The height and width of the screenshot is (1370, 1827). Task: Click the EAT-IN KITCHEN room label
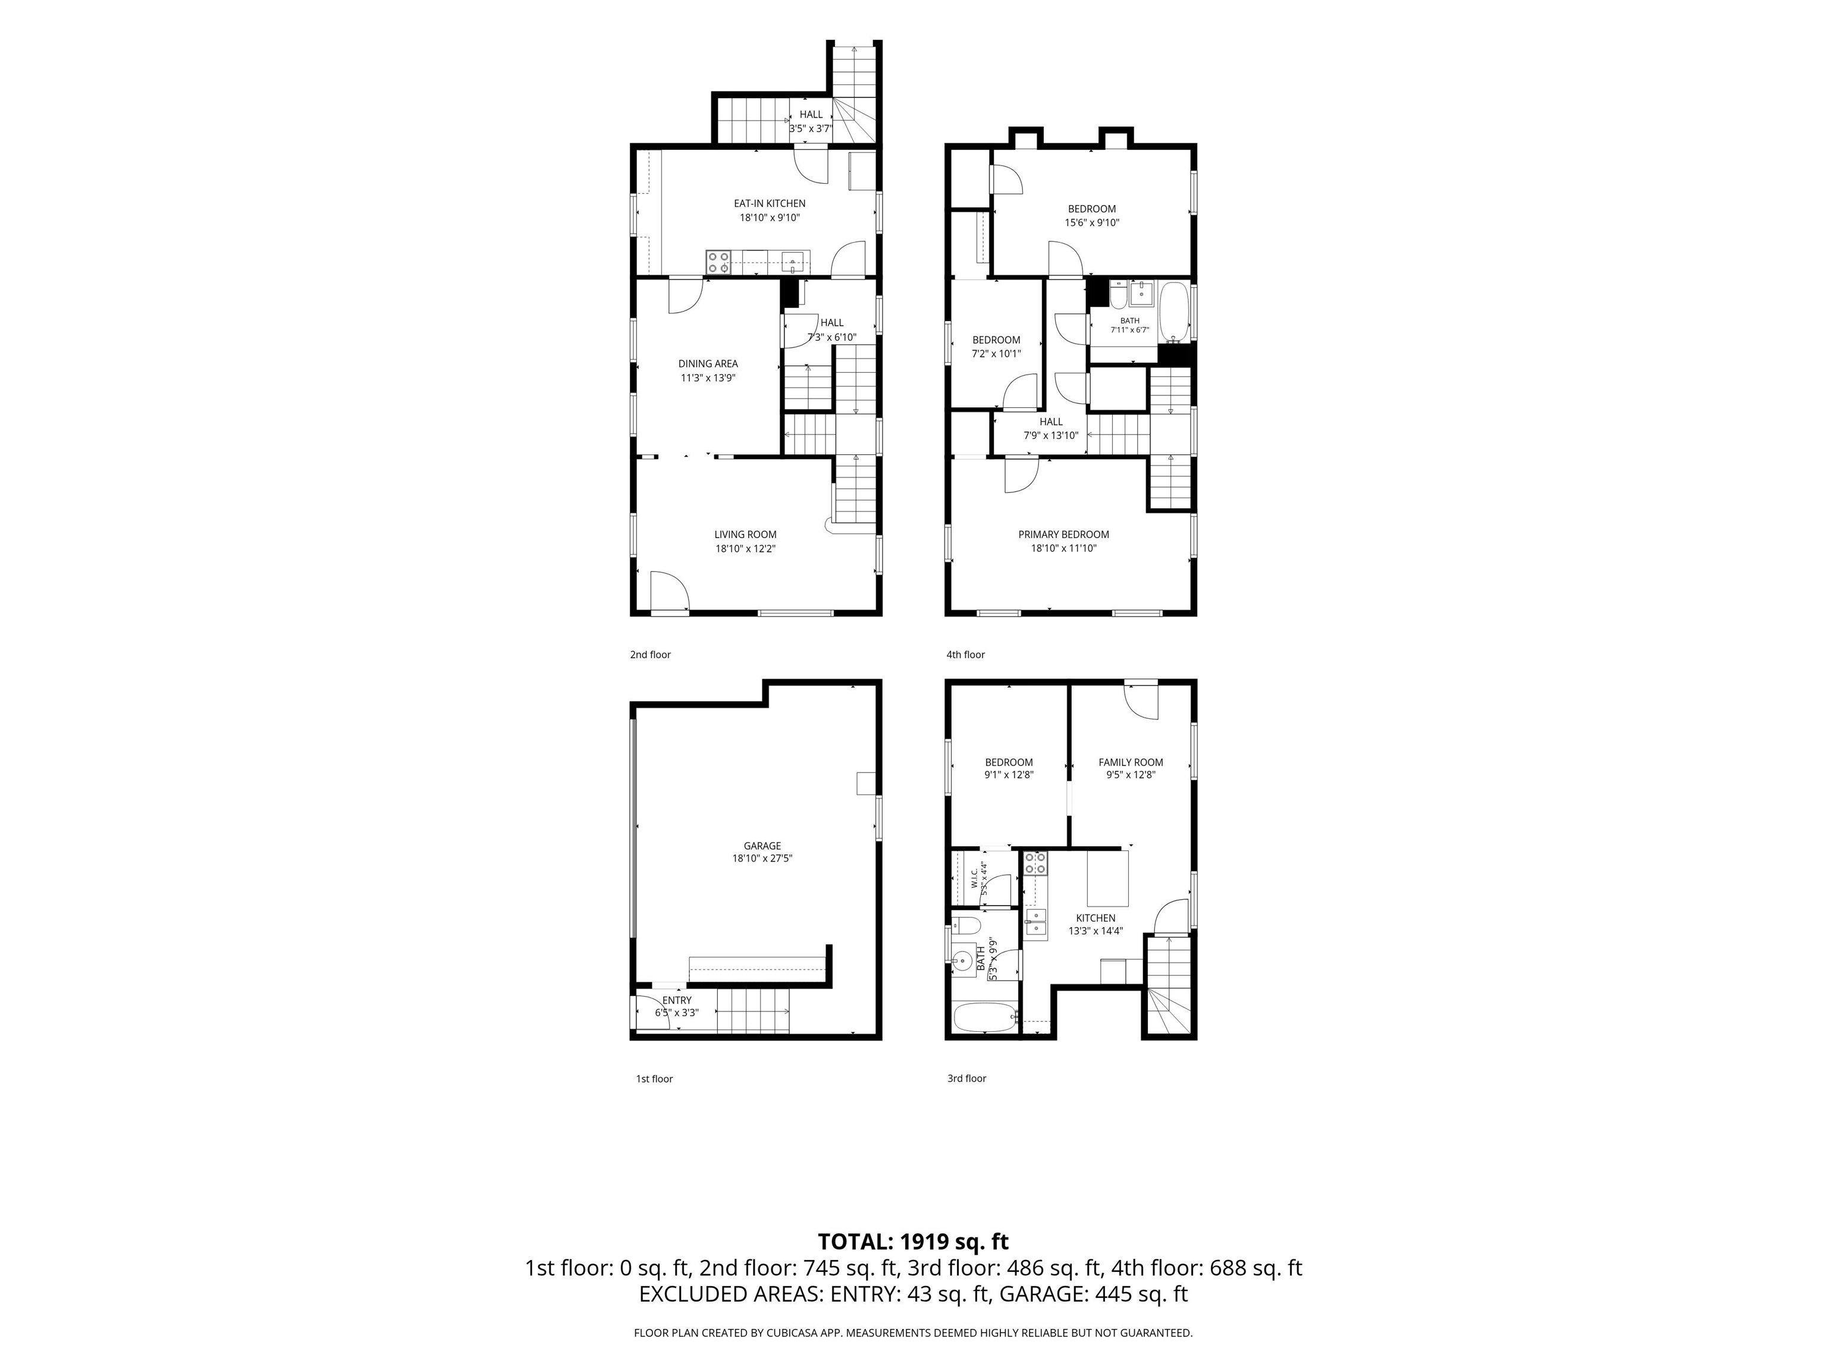point(769,203)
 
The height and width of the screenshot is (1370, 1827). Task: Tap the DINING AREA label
point(708,363)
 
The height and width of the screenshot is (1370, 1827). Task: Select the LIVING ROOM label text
point(745,535)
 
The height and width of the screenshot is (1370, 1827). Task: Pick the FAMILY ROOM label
point(1130,762)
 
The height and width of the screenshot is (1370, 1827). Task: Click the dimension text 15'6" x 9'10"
point(1091,223)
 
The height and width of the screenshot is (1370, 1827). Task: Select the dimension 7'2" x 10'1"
point(996,353)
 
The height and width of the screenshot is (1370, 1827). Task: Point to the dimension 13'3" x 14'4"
point(1095,931)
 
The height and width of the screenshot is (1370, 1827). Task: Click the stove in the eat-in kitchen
point(718,263)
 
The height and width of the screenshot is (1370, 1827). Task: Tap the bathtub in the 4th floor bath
point(1173,312)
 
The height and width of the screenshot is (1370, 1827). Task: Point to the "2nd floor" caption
point(650,655)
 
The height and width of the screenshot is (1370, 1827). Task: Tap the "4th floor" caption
point(965,655)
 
